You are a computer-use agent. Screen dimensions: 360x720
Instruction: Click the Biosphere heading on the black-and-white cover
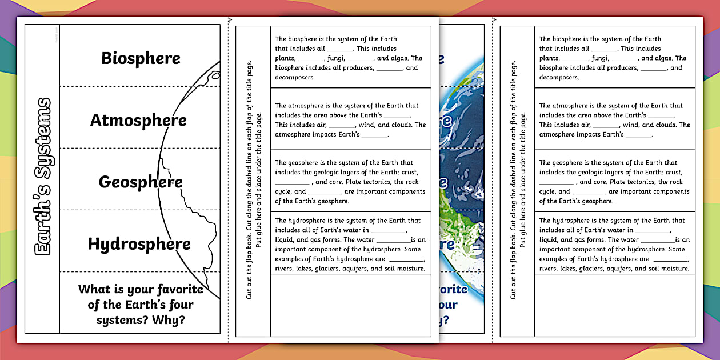point(141,58)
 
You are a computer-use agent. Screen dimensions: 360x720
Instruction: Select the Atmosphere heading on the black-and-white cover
point(138,121)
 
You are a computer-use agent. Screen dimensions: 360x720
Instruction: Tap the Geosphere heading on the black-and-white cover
point(141,182)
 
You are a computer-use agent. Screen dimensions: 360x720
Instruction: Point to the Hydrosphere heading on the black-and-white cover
point(139,244)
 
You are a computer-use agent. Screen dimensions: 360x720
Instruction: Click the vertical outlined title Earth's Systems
point(43,177)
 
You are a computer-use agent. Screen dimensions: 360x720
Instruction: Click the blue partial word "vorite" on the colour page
point(453,289)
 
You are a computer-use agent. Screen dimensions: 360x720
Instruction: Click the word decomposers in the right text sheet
point(558,78)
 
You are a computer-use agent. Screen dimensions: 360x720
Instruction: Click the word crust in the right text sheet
point(673,172)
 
